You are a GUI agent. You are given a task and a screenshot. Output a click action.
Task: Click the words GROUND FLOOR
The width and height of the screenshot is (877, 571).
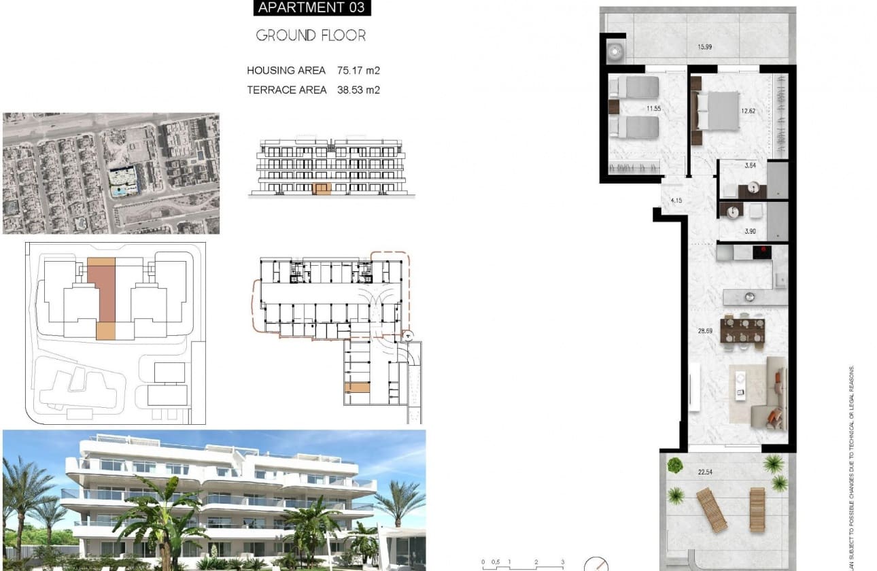[x=311, y=35]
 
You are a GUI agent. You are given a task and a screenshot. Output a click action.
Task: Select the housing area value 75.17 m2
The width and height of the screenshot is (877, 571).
[x=358, y=70]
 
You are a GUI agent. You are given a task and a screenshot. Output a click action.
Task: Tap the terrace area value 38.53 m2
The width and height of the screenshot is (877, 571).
[x=358, y=90]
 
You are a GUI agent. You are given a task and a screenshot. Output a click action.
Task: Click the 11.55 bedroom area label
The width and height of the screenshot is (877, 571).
[x=653, y=108]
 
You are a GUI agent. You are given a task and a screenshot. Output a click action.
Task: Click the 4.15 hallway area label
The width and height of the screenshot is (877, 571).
[x=676, y=201]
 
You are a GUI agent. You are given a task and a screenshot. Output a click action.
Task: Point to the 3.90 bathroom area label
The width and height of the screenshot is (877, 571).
[x=750, y=231]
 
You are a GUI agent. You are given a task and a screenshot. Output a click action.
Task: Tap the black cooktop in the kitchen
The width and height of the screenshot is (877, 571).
[x=763, y=252]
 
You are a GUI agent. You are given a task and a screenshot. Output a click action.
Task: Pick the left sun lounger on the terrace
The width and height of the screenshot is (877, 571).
[x=710, y=510]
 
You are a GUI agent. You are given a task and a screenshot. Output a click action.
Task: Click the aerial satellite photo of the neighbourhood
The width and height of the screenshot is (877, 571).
[x=111, y=173]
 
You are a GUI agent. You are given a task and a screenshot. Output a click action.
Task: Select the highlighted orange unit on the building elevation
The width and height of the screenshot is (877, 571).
[x=322, y=189]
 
